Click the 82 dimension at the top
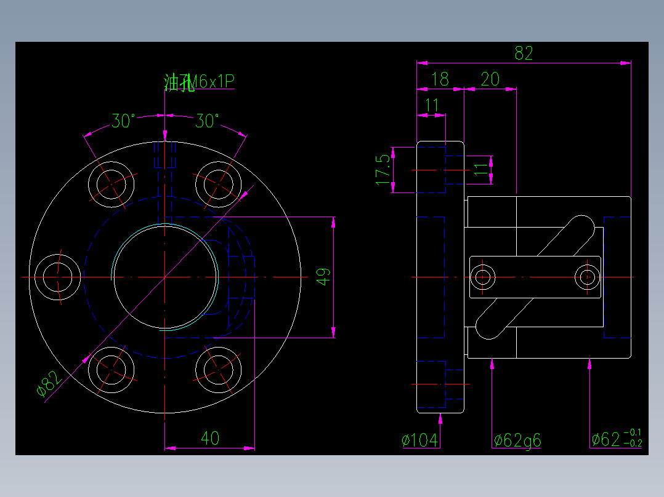(524, 54)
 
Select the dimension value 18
(440, 79)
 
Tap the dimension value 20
(490, 79)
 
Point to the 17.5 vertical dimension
(383, 170)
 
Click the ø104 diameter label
(420, 440)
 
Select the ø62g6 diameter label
(517, 440)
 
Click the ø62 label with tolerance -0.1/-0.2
(615, 439)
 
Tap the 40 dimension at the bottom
(210, 439)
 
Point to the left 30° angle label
(123, 122)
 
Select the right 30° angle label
(207, 122)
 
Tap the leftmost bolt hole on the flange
(58, 277)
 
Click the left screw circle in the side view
(483, 277)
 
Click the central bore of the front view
(165, 277)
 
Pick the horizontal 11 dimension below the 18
(432, 106)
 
